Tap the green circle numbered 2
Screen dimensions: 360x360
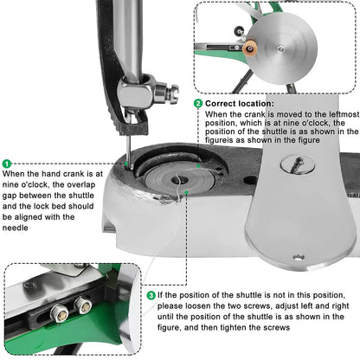pyautogui.click(x=198, y=103)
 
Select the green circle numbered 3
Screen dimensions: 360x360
pyautogui.click(x=151, y=296)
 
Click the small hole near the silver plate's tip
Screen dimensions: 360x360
pyautogui.click(x=299, y=256)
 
